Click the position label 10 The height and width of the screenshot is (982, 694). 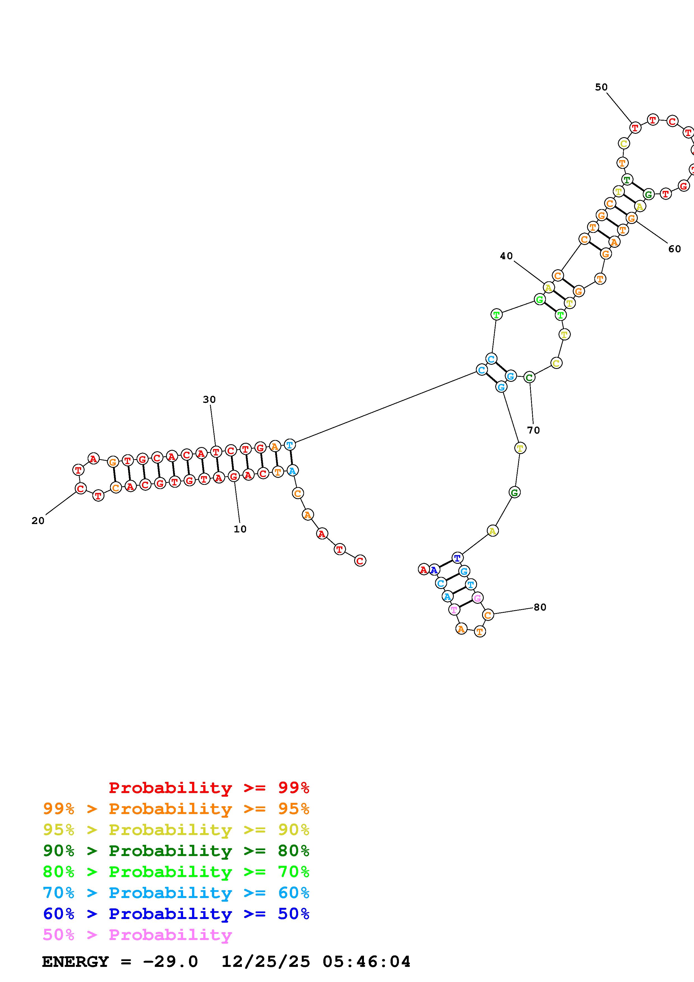pyautogui.click(x=240, y=529)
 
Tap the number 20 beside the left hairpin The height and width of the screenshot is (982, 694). pyautogui.click(x=38, y=520)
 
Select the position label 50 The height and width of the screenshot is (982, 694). pyautogui.click(x=601, y=87)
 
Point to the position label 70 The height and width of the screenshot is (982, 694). pyautogui.click(x=534, y=430)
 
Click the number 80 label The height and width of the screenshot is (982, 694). pyautogui.click(x=540, y=607)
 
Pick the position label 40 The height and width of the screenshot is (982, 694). pyautogui.click(x=506, y=256)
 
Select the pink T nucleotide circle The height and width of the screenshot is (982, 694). pyautogui.click(x=454, y=609)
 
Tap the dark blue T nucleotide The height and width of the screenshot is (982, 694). pyautogui.click(x=457, y=558)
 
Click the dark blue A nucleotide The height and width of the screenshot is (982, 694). pyautogui.click(x=434, y=570)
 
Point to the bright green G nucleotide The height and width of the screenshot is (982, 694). pyautogui.click(x=540, y=300)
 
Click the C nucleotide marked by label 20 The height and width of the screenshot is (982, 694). pyautogui.click(x=80, y=488)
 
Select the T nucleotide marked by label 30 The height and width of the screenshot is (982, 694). pyautogui.click(x=216, y=452)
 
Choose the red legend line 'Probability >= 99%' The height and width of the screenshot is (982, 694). pyautogui.click(x=209, y=788)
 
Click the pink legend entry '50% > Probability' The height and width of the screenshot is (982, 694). pyautogui.click(x=137, y=935)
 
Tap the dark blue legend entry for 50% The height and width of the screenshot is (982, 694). pyautogui.click(x=176, y=914)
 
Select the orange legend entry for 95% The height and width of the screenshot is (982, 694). pyautogui.click(x=176, y=809)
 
